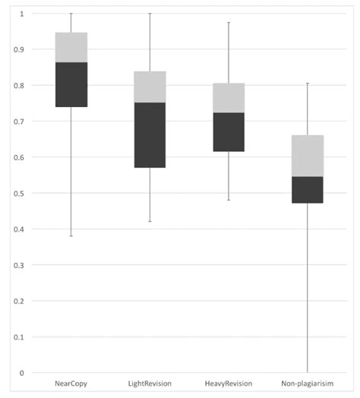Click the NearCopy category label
click(71, 384)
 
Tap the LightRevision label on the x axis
click(150, 384)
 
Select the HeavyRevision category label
click(229, 384)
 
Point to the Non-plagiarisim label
click(307, 384)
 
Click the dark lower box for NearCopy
click(71, 84)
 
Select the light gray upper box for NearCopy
click(71, 47)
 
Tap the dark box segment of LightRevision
click(150, 134)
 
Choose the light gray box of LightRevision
click(150, 87)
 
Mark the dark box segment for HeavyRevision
click(229, 131)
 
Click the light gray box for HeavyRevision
click(229, 97)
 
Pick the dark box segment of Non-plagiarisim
click(308, 189)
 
